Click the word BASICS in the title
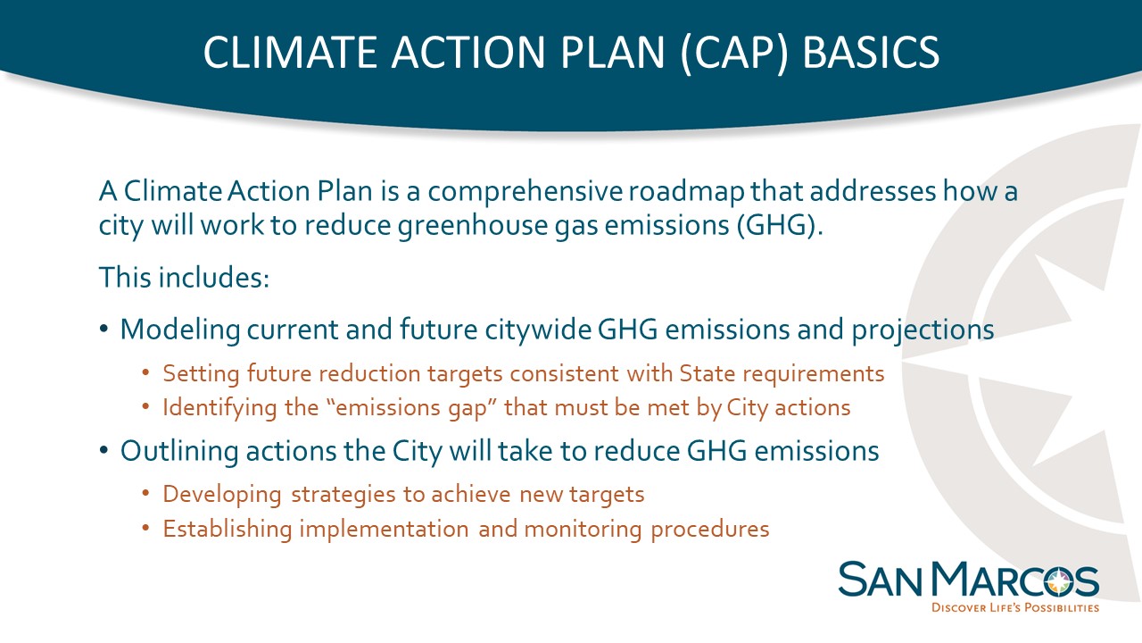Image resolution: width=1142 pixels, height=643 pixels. (x=871, y=52)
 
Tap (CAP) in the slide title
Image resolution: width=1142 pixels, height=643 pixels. (x=733, y=53)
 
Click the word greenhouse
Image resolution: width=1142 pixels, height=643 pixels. (x=473, y=226)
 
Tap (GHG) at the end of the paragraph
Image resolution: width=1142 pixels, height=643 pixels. (x=780, y=226)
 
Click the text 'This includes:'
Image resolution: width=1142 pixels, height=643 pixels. (x=184, y=277)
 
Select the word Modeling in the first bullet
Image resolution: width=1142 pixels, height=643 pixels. (x=180, y=330)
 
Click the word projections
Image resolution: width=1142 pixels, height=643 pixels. (x=923, y=330)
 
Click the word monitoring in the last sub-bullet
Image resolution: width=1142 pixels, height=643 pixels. (x=583, y=530)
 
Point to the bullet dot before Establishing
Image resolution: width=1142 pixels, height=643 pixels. (x=145, y=528)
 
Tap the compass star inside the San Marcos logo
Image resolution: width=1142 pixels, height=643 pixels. (x=1059, y=582)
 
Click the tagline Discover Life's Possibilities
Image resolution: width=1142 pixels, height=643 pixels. (x=1015, y=608)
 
